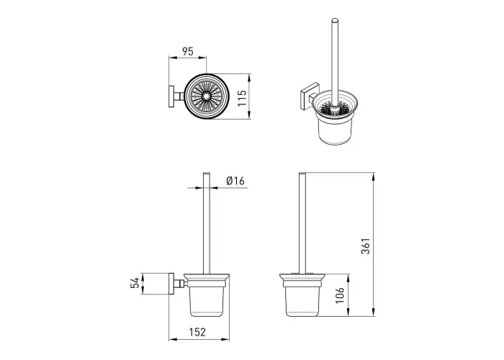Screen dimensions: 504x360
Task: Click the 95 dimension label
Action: pyautogui.click(x=188, y=51)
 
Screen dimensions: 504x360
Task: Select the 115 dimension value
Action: pyautogui.click(x=242, y=98)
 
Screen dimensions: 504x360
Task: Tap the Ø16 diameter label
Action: pyautogui.click(x=235, y=181)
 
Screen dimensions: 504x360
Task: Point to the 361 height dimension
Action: pyautogui.click(x=366, y=246)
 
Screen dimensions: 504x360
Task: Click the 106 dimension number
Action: pyautogui.click(x=340, y=295)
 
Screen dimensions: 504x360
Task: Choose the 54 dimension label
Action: pyautogui.click(x=135, y=283)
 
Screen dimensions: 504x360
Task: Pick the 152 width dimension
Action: pyautogui.click(x=197, y=332)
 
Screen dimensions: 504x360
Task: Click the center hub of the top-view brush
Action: pyautogui.click(x=206, y=96)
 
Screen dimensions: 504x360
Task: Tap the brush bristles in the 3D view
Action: pyautogui.click(x=334, y=109)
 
